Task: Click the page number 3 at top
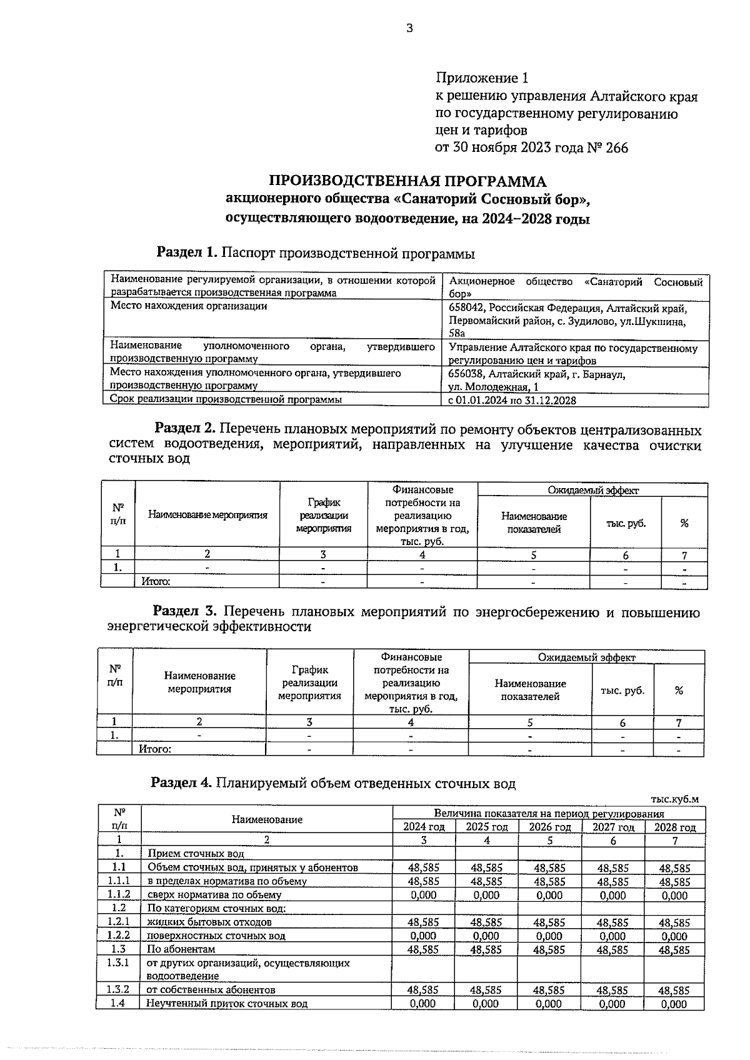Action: (409, 28)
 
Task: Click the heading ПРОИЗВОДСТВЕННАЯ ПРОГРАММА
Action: (407, 181)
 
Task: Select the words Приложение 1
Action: (482, 79)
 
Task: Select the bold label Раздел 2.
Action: (185, 430)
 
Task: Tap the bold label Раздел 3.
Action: (185, 611)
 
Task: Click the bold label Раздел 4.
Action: (182, 784)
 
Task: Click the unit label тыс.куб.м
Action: (674, 799)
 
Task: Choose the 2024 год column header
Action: (423, 827)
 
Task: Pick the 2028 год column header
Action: (674, 827)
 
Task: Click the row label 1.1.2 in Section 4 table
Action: (119, 895)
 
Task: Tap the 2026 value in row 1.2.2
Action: (549, 936)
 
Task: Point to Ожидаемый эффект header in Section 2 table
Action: (592, 491)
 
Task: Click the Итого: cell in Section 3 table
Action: (154, 749)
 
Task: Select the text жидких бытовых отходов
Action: (209, 922)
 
